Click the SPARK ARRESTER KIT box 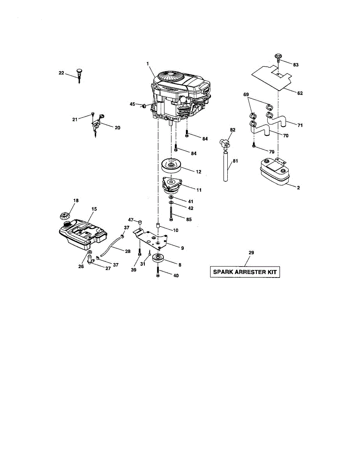click(245, 272)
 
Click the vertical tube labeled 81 click(226, 167)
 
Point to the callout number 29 click(251, 253)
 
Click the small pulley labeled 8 click(160, 258)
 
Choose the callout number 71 click(300, 125)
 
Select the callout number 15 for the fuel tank click(94, 209)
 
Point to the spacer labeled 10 click(158, 226)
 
